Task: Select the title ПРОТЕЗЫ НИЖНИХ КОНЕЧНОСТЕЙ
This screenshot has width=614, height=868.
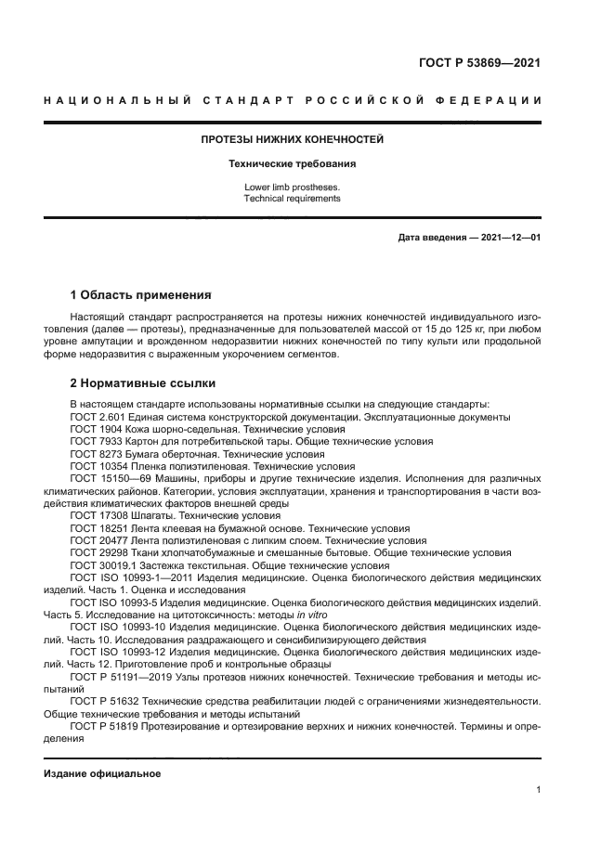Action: coord(293,140)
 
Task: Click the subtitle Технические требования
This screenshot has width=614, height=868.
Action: coord(293,163)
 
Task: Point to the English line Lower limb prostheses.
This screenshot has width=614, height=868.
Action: coord(293,187)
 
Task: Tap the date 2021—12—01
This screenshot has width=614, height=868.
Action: coord(509,238)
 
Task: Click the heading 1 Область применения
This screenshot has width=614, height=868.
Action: coord(140,295)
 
